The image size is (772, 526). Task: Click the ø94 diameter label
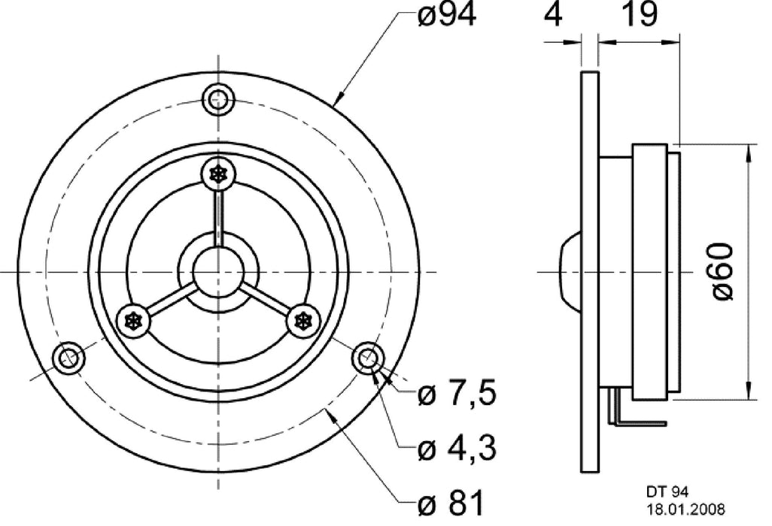pyautogui.click(x=446, y=16)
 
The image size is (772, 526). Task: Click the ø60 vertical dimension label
pyautogui.click(x=722, y=272)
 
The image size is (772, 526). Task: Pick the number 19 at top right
pyautogui.click(x=639, y=16)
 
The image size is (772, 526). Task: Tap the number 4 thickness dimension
pyautogui.click(x=553, y=16)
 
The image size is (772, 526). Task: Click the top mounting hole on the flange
pyautogui.click(x=218, y=98)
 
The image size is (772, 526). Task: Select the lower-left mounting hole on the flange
pyautogui.click(x=68, y=358)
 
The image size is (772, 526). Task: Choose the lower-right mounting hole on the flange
pyautogui.click(x=368, y=358)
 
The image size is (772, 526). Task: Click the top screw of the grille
pyautogui.click(x=218, y=174)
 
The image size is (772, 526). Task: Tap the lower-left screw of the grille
pyautogui.click(x=135, y=321)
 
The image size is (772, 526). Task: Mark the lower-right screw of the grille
pyautogui.click(x=303, y=321)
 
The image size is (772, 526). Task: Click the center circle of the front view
pyautogui.click(x=217, y=271)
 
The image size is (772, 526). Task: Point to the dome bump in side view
pyautogui.click(x=570, y=271)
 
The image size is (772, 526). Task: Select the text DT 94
pyautogui.click(x=667, y=492)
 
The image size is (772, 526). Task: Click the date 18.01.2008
pyautogui.click(x=686, y=509)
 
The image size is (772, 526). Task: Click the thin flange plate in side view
pyautogui.click(x=590, y=271)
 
